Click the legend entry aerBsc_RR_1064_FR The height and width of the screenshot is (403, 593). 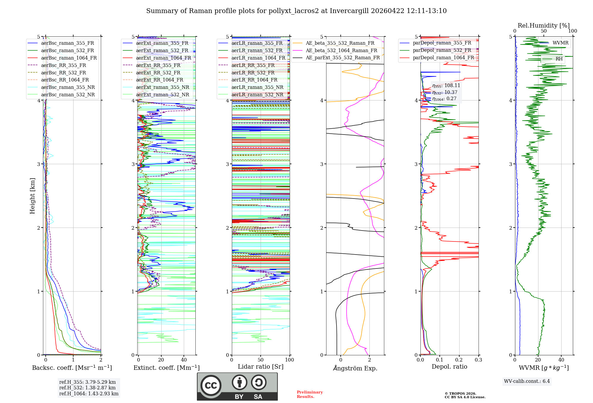click(65, 80)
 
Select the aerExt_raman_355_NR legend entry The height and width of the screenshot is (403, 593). click(162, 87)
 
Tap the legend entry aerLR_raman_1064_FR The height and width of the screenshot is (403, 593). click(258, 58)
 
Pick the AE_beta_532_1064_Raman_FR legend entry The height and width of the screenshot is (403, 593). click(341, 51)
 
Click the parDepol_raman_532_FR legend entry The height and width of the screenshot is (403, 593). click(442, 50)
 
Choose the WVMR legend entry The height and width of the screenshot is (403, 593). click(560, 43)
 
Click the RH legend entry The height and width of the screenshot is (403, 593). click(559, 59)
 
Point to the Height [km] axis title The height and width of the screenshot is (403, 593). click(33, 196)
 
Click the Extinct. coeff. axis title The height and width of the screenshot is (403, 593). click(166, 368)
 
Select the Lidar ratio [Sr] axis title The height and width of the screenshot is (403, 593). click(261, 367)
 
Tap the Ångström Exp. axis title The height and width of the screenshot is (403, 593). click(355, 368)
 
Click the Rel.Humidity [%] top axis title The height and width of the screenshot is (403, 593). click(543, 25)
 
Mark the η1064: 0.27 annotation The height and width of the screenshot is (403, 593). click(444, 99)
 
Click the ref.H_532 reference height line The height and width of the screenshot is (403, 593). click(87, 388)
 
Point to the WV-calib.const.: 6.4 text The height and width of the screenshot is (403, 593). click(527, 381)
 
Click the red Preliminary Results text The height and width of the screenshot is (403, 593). click(310, 394)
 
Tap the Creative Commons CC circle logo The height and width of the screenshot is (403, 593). click(211, 385)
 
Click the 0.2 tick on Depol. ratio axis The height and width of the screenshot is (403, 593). click(459, 360)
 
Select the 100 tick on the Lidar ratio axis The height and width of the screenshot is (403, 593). click(289, 360)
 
